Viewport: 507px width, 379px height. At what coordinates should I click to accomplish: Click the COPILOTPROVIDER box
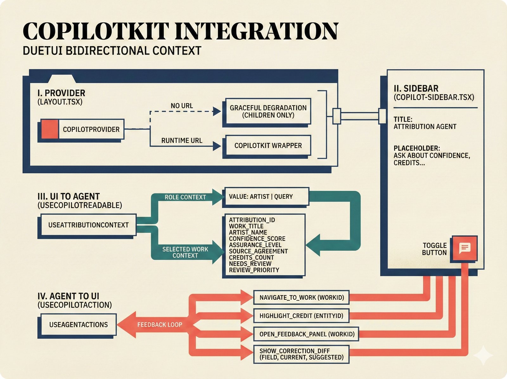pos(91,129)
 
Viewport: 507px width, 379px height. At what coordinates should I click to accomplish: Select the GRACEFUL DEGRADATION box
pos(268,111)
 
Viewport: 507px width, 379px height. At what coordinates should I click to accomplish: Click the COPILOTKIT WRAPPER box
pos(268,146)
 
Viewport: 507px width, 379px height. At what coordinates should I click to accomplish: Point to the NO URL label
pos(182,106)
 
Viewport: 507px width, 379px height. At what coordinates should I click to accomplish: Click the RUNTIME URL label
pos(182,140)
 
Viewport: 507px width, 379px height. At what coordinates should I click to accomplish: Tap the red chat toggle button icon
pos(465,248)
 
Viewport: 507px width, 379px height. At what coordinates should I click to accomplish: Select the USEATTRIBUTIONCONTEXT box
pos(88,225)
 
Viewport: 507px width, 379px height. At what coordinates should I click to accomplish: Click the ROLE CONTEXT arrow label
pos(185,197)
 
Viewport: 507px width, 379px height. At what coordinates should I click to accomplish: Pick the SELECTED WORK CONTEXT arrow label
pos(185,252)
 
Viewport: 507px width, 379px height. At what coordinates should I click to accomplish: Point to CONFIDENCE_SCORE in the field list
pos(257,239)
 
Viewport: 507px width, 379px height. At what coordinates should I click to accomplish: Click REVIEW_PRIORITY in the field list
pos(254,270)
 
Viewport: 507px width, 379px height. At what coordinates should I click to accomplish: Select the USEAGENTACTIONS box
pos(78,325)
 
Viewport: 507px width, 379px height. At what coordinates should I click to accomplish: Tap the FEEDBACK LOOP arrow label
pos(159,325)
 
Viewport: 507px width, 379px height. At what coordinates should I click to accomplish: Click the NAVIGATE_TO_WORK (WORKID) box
pos(301,298)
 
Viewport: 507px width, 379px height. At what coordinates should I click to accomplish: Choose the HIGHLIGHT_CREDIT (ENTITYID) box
pos(301,316)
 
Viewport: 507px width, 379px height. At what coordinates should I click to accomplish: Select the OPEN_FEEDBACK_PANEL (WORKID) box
pos(307,334)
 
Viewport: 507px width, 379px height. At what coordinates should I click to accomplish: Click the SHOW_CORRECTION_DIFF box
pos(301,354)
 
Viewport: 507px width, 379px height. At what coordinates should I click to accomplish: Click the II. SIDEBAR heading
pos(416,89)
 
